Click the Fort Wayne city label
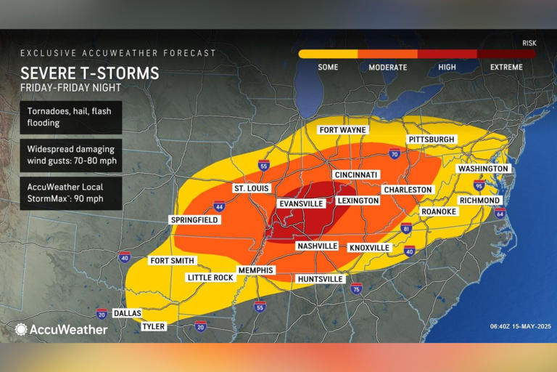click(x=343, y=130)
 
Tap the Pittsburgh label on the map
click(x=432, y=139)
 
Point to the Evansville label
click(x=301, y=204)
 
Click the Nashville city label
click(x=317, y=246)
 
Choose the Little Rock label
click(x=210, y=278)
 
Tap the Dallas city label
click(x=128, y=313)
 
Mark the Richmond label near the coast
click(x=479, y=201)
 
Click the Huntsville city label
click(x=320, y=279)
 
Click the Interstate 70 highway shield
click(x=394, y=154)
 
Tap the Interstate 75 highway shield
click(x=356, y=289)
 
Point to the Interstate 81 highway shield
click(x=405, y=230)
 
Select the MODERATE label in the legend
click(x=387, y=67)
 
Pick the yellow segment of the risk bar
click(x=328, y=54)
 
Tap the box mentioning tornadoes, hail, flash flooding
click(x=70, y=117)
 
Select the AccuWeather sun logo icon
click(x=21, y=329)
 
